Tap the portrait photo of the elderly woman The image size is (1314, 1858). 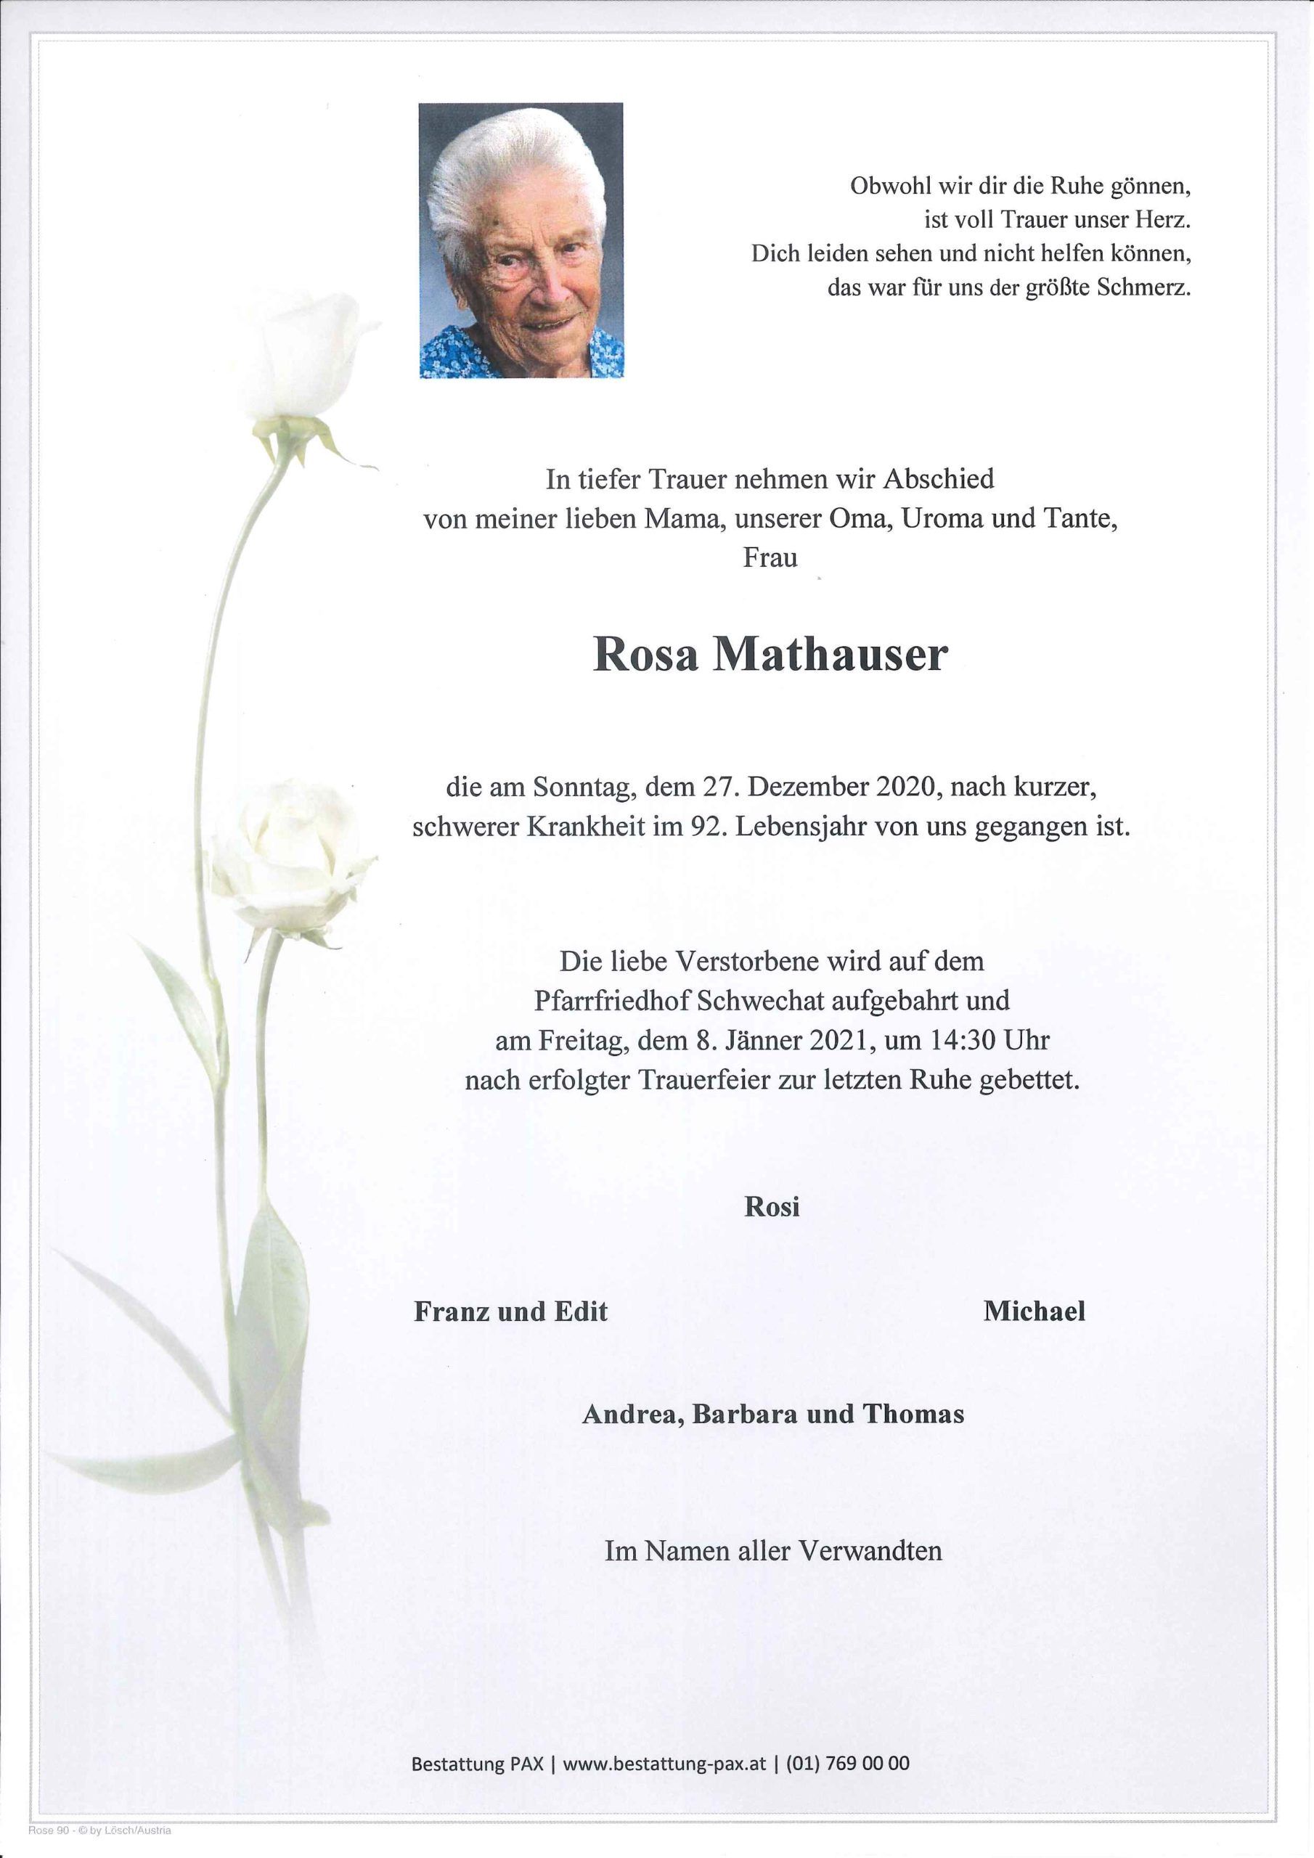tap(521, 240)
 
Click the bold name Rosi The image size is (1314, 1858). tap(772, 1206)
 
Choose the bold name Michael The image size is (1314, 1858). tap(1034, 1311)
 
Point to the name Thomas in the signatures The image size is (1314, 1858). tap(913, 1414)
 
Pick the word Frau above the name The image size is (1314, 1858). tap(770, 558)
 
